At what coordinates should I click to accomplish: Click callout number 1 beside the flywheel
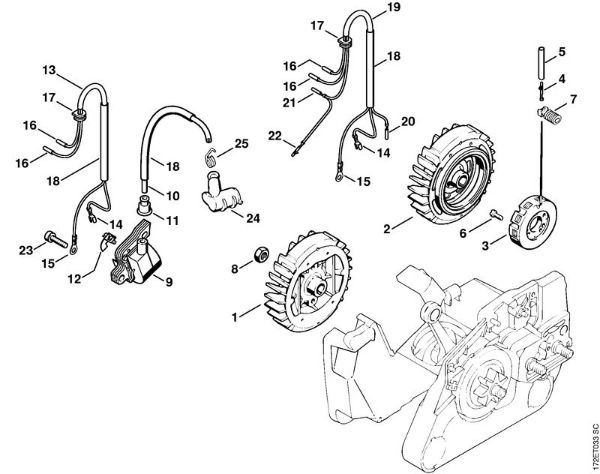235,316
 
